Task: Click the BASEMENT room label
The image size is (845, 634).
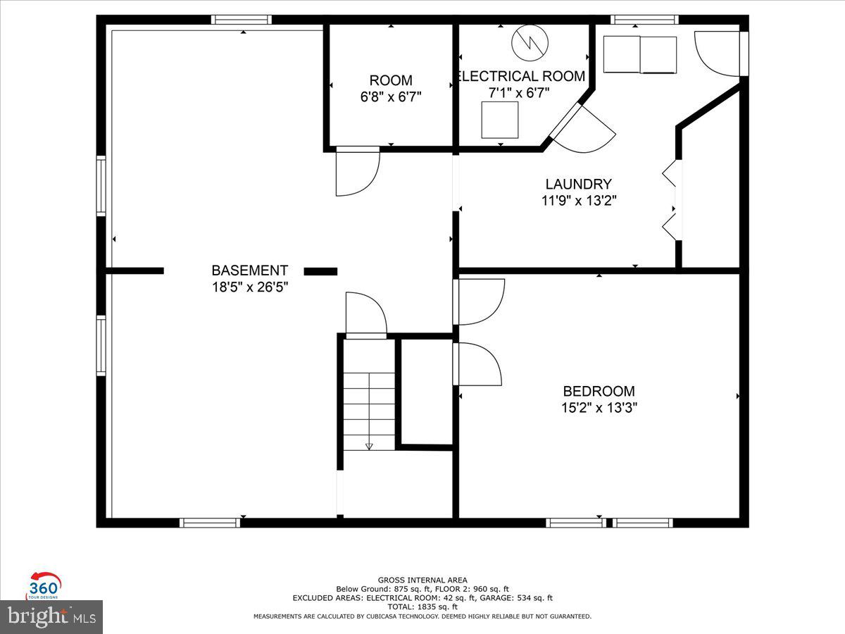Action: point(249,270)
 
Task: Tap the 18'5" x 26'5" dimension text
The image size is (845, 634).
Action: point(249,287)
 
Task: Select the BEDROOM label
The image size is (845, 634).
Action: point(599,391)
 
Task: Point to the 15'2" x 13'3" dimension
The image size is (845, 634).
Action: point(599,408)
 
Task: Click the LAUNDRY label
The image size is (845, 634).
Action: point(578,184)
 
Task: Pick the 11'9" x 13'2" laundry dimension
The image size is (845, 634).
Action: point(578,201)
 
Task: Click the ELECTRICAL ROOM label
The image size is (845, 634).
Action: point(521,76)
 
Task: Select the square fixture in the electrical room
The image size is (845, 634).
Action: point(500,120)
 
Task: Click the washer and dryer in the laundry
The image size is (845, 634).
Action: point(640,54)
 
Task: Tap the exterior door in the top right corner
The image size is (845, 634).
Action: point(717,53)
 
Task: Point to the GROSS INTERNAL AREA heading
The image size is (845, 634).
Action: point(423,580)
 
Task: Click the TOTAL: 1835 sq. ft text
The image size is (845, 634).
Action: point(423,607)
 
